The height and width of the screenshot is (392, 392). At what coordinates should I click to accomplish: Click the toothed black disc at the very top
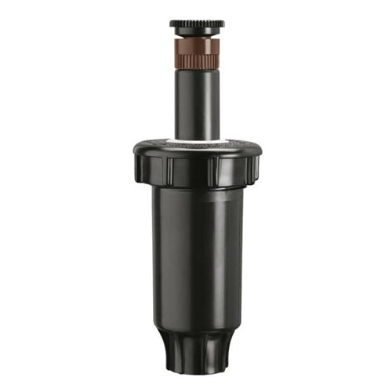point(196,24)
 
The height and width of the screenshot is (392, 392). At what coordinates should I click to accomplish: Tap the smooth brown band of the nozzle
point(196,43)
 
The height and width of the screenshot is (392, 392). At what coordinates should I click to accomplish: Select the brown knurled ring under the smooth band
point(196,58)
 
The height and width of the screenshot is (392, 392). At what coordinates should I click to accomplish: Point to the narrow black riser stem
point(196,102)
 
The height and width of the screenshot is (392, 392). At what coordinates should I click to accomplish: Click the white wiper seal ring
point(196,142)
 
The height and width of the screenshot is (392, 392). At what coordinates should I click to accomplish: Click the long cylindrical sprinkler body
point(196,259)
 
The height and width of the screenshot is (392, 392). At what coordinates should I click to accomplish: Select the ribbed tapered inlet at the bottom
point(196,349)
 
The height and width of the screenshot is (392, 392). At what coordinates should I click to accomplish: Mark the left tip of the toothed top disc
point(170,24)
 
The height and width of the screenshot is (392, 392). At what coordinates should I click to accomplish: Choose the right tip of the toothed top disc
point(223,24)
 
